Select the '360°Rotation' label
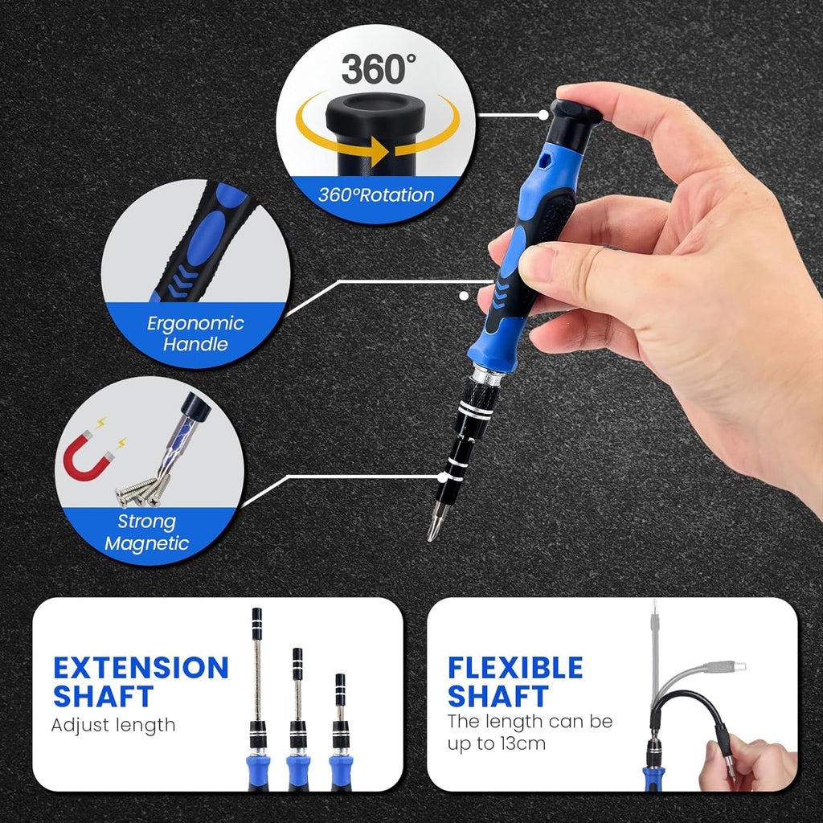pos(376,195)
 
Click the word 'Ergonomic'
pos(195,323)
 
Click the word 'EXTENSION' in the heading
pos(141,668)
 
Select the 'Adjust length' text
pos(113,725)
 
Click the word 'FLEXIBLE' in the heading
pos(515,668)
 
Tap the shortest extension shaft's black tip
pos(340,683)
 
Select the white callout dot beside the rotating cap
pos(544,114)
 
